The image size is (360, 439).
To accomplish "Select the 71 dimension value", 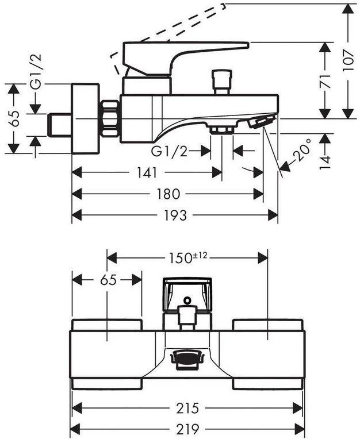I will (x=325, y=80).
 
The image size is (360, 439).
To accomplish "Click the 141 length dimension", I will (x=148, y=172).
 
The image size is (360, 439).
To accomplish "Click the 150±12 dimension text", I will (x=188, y=257).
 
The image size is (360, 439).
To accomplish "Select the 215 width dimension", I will (x=187, y=409).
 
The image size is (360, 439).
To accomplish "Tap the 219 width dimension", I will (x=187, y=429).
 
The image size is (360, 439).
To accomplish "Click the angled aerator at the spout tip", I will (x=261, y=122).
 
